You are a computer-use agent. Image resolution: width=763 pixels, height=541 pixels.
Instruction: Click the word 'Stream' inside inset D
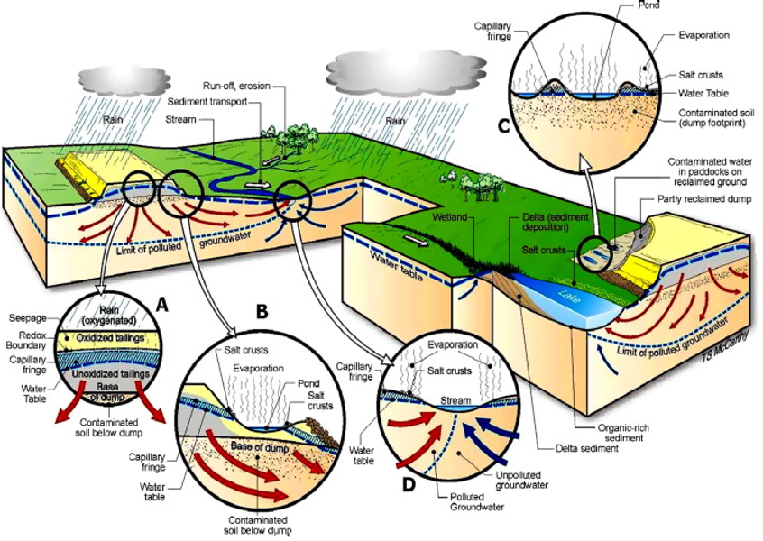455,397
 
